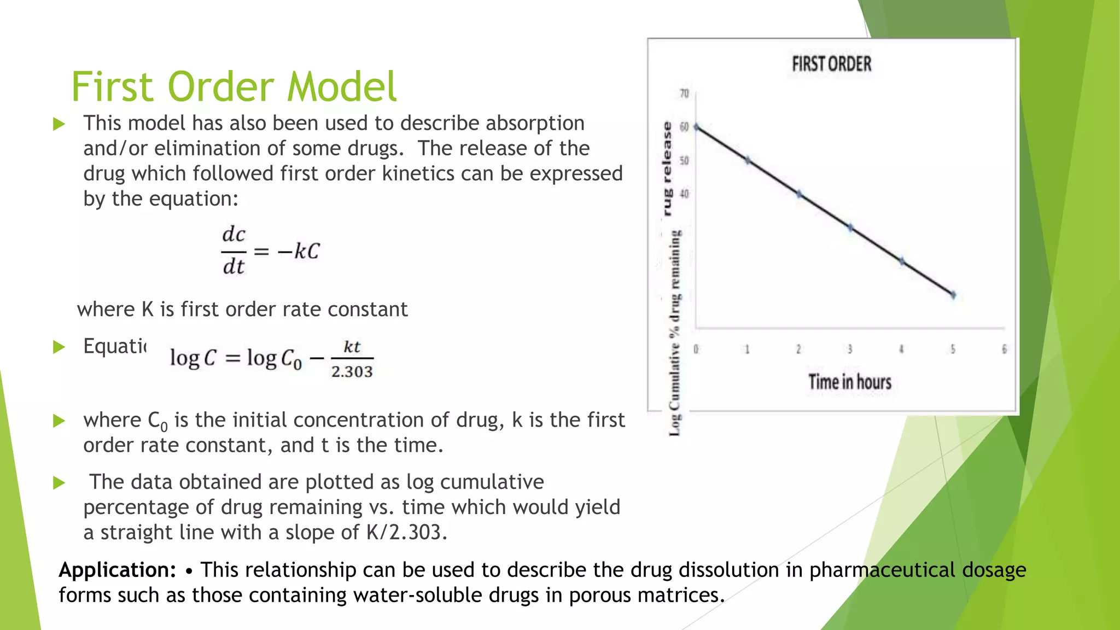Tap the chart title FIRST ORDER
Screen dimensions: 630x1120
(x=831, y=65)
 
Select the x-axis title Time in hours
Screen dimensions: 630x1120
(x=850, y=382)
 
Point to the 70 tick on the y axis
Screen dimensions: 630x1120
(x=684, y=94)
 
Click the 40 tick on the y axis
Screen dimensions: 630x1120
(x=684, y=194)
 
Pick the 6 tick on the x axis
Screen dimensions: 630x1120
(x=1004, y=349)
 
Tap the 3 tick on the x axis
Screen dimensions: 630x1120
(x=850, y=349)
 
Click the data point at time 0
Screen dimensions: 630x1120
(x=696, y=127)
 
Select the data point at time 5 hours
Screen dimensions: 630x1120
(x=953, y=295)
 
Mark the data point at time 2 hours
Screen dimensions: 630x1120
(x=799, y=194)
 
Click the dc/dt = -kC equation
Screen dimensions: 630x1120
(x=271, y=251)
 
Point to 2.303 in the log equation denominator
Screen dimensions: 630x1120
(x=352, y=372)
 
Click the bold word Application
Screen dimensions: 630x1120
(x=117, y=570)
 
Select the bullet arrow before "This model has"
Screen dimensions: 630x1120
(x=59, y=124)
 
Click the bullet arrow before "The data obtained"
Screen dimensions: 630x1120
(x=59, y=483)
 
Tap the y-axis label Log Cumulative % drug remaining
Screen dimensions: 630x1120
(x=675, y=334)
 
